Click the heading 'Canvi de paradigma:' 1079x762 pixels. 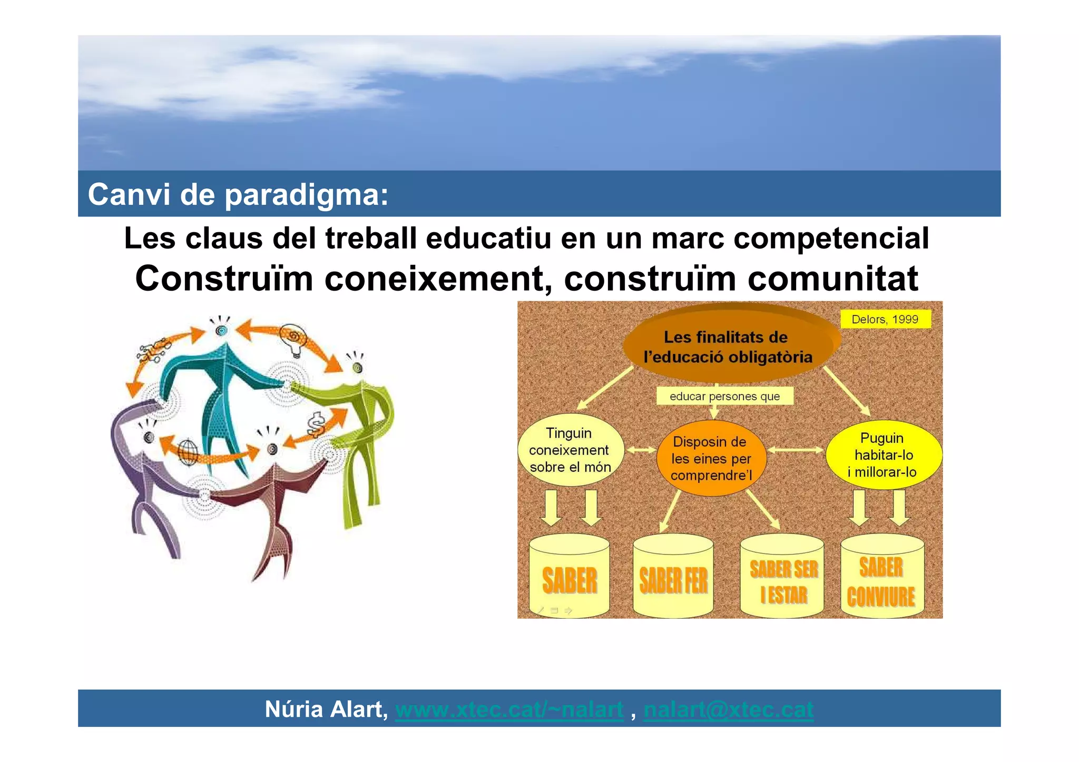point(238,194)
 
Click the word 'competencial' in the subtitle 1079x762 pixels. point(831,237)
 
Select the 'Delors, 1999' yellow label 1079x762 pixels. point(885,319)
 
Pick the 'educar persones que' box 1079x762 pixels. point(724,396)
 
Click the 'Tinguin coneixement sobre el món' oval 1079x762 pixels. point(570,450)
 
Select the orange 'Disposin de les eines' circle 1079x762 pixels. point(711,458)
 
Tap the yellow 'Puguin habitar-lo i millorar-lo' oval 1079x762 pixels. point(883,454)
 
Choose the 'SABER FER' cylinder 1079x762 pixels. point(673,579)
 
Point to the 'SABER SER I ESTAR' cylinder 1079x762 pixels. point(782,579)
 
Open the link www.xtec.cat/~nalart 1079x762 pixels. point(509,709)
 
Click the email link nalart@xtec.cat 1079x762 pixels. point(728,709)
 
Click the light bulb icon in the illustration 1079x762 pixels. point(294,340)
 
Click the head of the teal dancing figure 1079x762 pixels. point(222,330)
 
